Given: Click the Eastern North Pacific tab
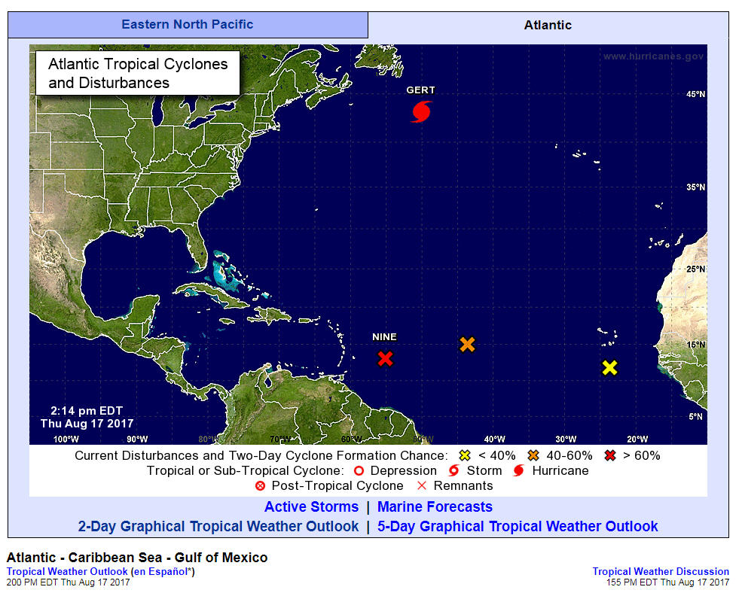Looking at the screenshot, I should [188, 24].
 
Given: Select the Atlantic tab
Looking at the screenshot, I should [548, 25].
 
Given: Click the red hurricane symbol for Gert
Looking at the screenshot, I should [422, 111].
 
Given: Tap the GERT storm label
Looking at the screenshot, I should [420, 90].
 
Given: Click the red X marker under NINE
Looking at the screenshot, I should [385, 358].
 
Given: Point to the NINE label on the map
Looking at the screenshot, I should [384, 337].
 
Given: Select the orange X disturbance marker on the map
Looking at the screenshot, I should [467, 345].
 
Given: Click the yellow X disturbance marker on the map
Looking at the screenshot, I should [609, 368].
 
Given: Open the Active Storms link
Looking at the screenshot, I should [311, 507].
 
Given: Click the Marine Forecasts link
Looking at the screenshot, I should [435, 507].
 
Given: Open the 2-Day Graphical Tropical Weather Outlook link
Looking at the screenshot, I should [218, 527].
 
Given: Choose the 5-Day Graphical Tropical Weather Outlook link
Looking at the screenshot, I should [518, 527].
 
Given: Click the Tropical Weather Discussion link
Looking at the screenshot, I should [661, 572].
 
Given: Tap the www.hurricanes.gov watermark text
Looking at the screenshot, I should [653, 56].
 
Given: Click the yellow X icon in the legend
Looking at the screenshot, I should [464, 455].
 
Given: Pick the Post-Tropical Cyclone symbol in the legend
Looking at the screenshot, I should [261, 486].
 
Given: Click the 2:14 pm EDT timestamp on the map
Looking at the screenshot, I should [87, 410].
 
